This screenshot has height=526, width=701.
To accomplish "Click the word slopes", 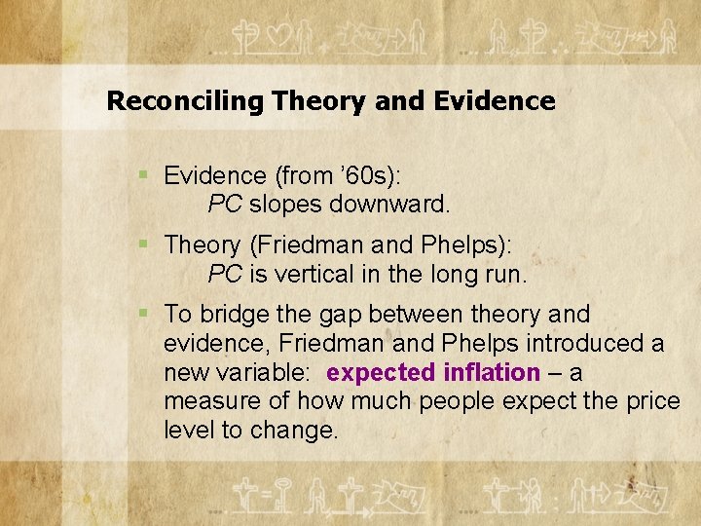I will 285,205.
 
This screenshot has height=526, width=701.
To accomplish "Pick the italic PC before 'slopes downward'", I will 225,205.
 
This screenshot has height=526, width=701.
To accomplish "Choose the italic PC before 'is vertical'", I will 225,274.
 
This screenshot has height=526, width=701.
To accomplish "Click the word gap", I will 314,315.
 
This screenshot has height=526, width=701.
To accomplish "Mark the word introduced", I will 577,344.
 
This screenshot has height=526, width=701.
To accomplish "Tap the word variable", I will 255,373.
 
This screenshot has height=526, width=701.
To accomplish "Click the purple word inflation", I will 491,373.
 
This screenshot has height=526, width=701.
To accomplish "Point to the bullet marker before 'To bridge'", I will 143,314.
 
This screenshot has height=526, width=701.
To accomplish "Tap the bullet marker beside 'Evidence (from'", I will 143,174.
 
